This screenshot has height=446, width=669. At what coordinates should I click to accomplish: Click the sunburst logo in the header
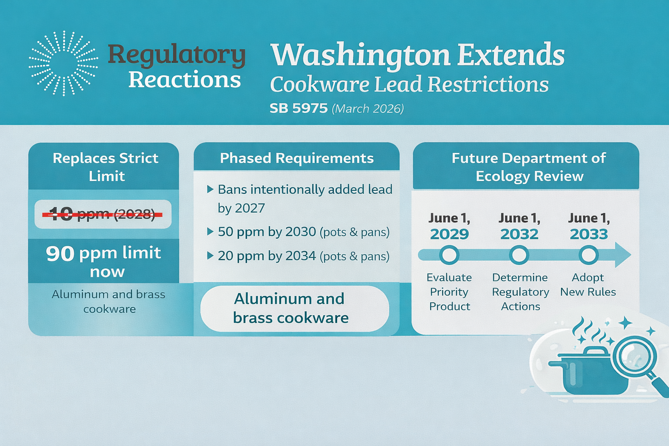[x=64, y=63]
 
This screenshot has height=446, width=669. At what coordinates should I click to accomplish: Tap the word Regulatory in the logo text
[x=176, y=55]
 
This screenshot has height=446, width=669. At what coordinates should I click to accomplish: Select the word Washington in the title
[x=360, y=55]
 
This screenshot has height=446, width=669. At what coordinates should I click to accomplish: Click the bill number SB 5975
[x=298, y=108]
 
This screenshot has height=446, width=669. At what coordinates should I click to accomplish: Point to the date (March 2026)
[x=368, y=108]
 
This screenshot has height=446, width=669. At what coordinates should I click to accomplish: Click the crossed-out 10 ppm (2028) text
[x=102, y=214]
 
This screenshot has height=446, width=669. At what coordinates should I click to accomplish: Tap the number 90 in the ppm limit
[x=60, y=253]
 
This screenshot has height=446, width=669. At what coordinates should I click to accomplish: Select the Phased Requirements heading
[x=297, y=158]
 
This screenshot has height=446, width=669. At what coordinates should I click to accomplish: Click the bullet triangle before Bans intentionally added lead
[x=210, y=189]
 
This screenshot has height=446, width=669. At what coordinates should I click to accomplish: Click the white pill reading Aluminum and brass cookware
[x=294, y=308]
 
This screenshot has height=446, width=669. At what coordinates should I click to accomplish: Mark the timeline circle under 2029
[x=449, y=255]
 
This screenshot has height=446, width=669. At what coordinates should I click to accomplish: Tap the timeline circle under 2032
[x=519, y=255]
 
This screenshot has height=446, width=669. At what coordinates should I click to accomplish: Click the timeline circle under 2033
[x=588, y=255]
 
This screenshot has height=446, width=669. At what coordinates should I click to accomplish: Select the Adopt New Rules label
[x=588, y=284]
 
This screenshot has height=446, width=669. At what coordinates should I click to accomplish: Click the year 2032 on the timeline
[x=519, y=234]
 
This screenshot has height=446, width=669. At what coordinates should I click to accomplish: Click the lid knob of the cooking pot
[x=593, y=351]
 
